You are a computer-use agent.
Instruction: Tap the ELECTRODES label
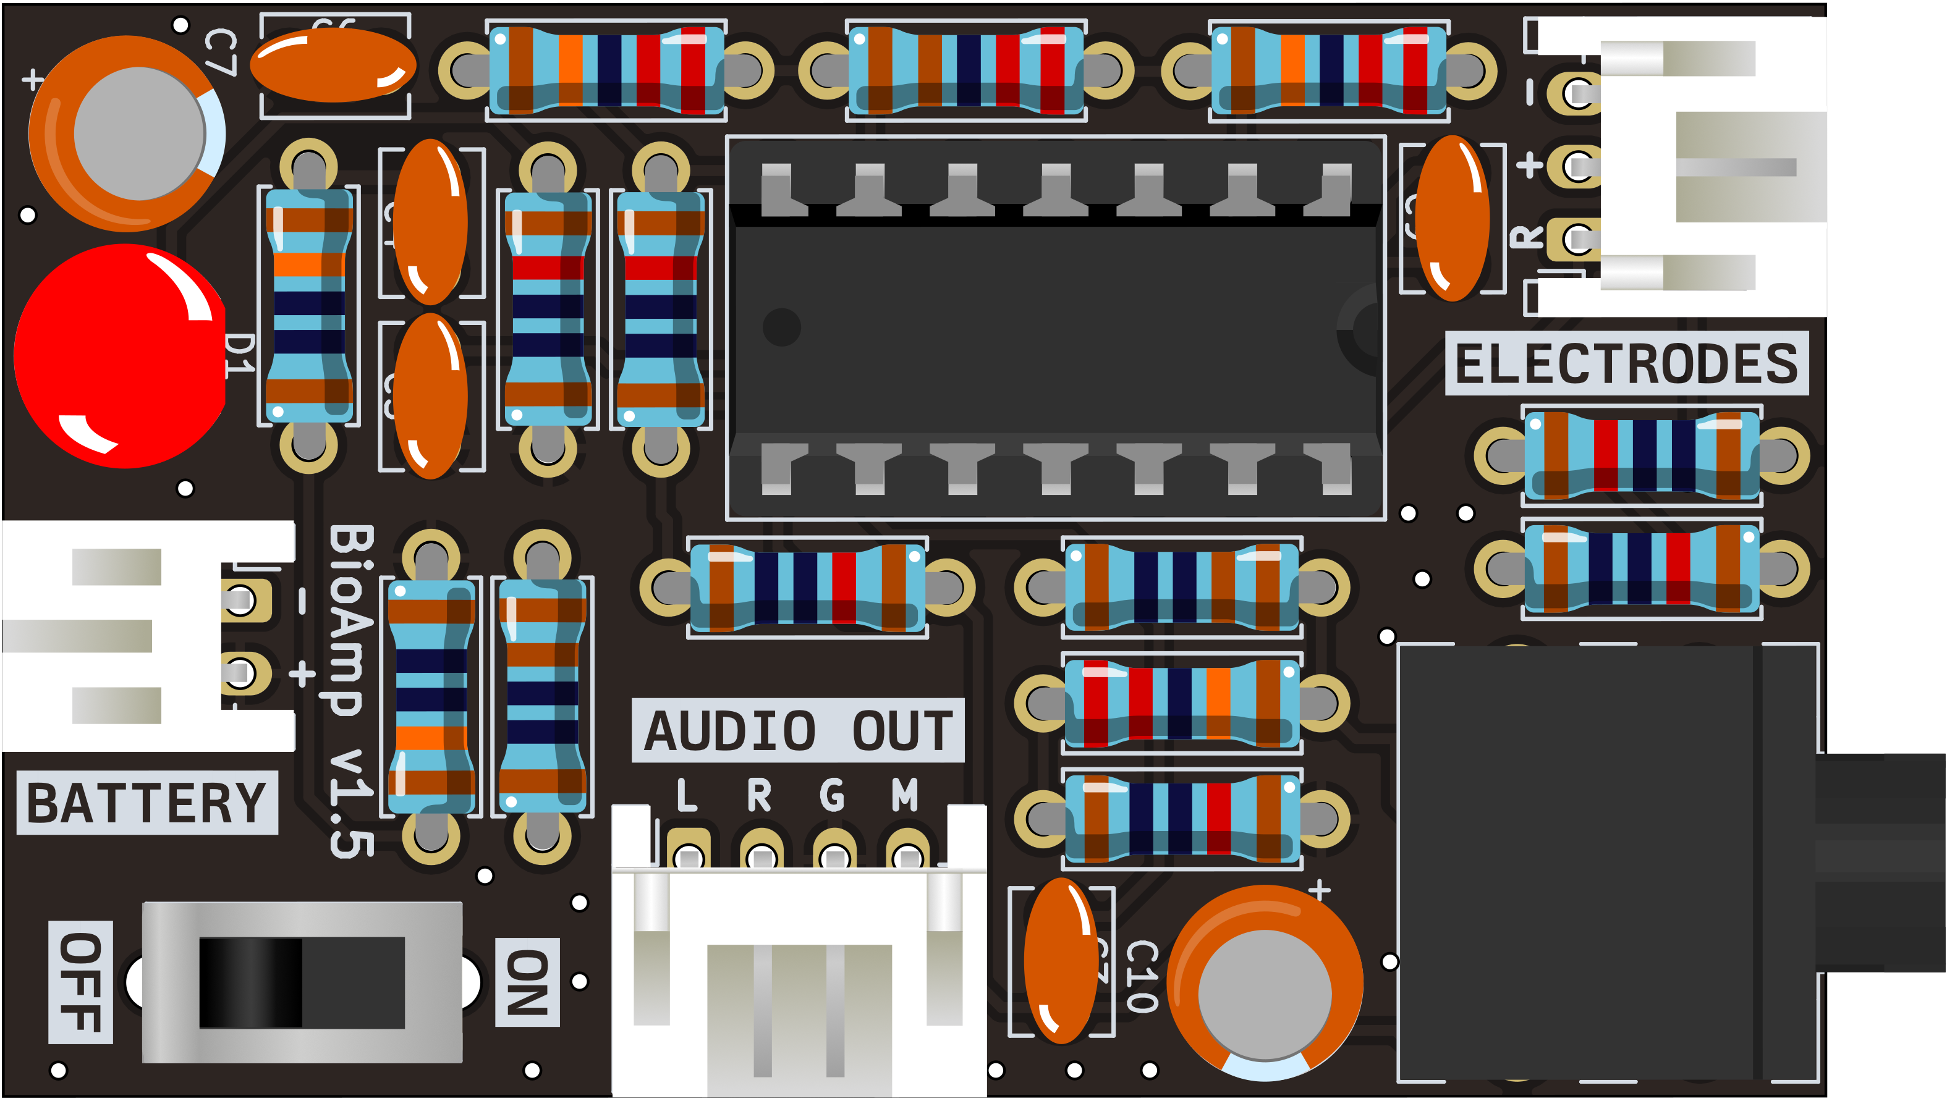point(1626,364)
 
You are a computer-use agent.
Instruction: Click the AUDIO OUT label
point(797,730)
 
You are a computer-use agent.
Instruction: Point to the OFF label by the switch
point(80,982)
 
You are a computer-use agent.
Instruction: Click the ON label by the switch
point(527,982)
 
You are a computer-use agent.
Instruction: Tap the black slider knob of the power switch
point(251,982)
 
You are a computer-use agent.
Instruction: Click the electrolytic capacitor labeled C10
point(1265,983)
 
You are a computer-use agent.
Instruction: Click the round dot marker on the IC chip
point(781,327)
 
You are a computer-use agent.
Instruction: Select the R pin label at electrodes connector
point(1527,237)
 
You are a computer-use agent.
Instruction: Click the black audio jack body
point(1589,862)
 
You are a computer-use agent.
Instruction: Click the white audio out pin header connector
point(799,976)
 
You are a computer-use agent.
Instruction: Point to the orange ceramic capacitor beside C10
point(1061,960)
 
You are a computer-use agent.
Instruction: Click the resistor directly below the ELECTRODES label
point(1642,455)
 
